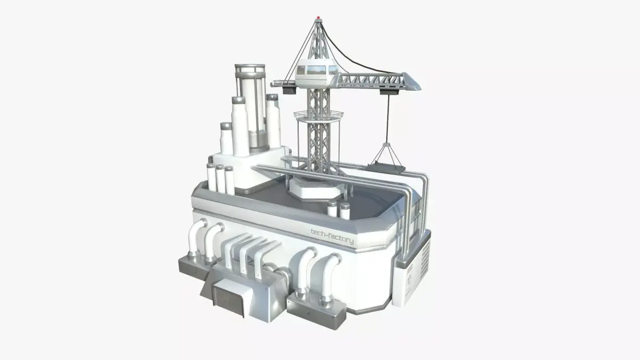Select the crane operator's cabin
(x=317, y=74)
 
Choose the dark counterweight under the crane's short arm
(x=290, y=90)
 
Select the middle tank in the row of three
(x=220, y=179)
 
